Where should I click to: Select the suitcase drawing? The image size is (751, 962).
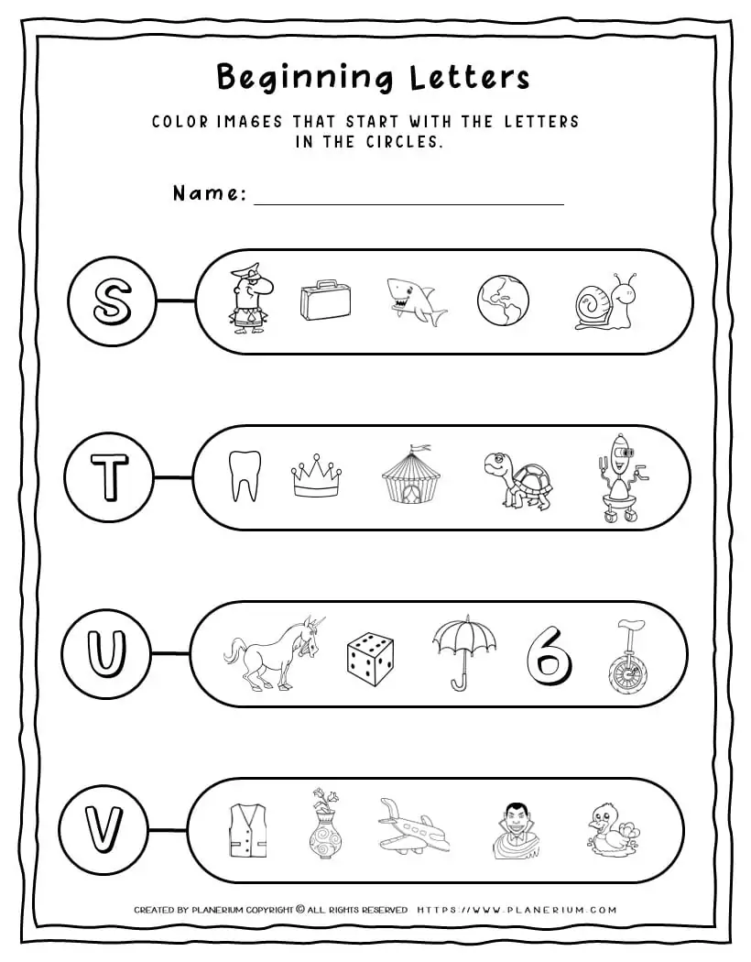click(326, 301)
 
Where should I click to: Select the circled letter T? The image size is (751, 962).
click(109, 476)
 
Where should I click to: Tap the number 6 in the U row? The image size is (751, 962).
click(548, 654)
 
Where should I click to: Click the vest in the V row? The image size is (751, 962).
click(246, 830)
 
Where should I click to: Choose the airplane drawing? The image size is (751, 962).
click(412, 827)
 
